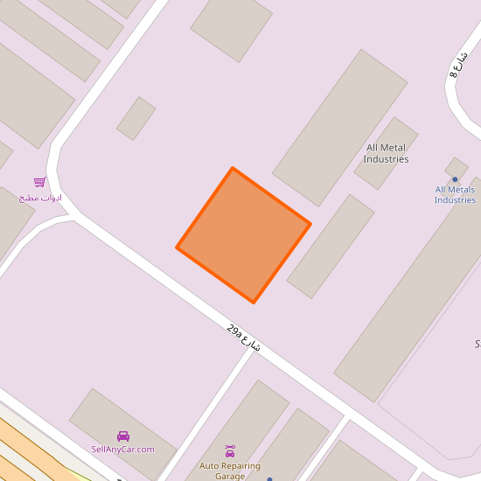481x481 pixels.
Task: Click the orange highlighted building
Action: click(x=244, y=234)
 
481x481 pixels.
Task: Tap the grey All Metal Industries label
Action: click(x=387, y=154)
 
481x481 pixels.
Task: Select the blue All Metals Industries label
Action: click(x=455, y=194)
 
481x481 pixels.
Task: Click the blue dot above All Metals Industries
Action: click(x=455, y=179)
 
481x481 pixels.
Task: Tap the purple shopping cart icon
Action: click(x=39, y=182)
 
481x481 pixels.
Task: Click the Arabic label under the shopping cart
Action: click(x=40, y=198)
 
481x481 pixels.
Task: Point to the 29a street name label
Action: click(x=244, y=338)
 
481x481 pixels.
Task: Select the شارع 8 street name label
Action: click(x=459, y=66)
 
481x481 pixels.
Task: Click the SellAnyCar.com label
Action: click(x=122, y=450)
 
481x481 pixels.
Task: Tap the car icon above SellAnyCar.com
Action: click(x=123, y=436)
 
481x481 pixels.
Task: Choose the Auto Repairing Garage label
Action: click(x=230, y=471)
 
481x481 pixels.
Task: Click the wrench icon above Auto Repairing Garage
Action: click(x=230, y=451)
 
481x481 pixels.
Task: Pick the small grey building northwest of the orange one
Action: click(x=136, y=118)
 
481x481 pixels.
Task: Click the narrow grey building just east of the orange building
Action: click(x=331, y=246)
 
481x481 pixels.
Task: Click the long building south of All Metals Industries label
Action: click(x=411, y=297)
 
